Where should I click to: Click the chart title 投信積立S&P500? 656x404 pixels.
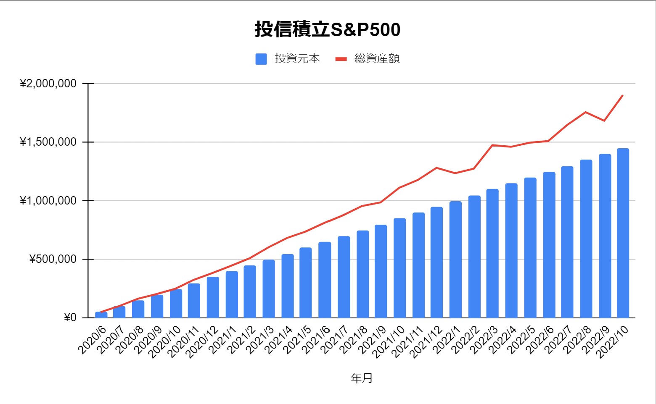[327, 29]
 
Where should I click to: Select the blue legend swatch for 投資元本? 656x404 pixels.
[261, 59]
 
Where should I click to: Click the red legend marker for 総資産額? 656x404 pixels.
[341, 59]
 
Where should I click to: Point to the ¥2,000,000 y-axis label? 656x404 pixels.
[48, 84]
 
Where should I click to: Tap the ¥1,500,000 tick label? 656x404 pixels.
[48, 142]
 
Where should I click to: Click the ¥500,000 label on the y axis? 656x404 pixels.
[53, 259]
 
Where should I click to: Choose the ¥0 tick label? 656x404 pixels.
[70, 317]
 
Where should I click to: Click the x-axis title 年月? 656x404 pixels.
[362, 378]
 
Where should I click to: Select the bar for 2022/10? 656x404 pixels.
[623, 233]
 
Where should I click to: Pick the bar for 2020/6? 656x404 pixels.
[101, 315]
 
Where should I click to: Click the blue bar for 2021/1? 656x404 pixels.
[232, 294]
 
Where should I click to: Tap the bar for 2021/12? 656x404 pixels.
[436, 262]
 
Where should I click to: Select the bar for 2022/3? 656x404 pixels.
[492, 253]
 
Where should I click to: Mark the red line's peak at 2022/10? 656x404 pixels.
[623, 95]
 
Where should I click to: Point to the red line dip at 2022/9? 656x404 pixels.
[604, 121]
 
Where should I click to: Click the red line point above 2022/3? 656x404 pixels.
[492, 145]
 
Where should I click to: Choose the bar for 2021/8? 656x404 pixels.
[362, 274]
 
